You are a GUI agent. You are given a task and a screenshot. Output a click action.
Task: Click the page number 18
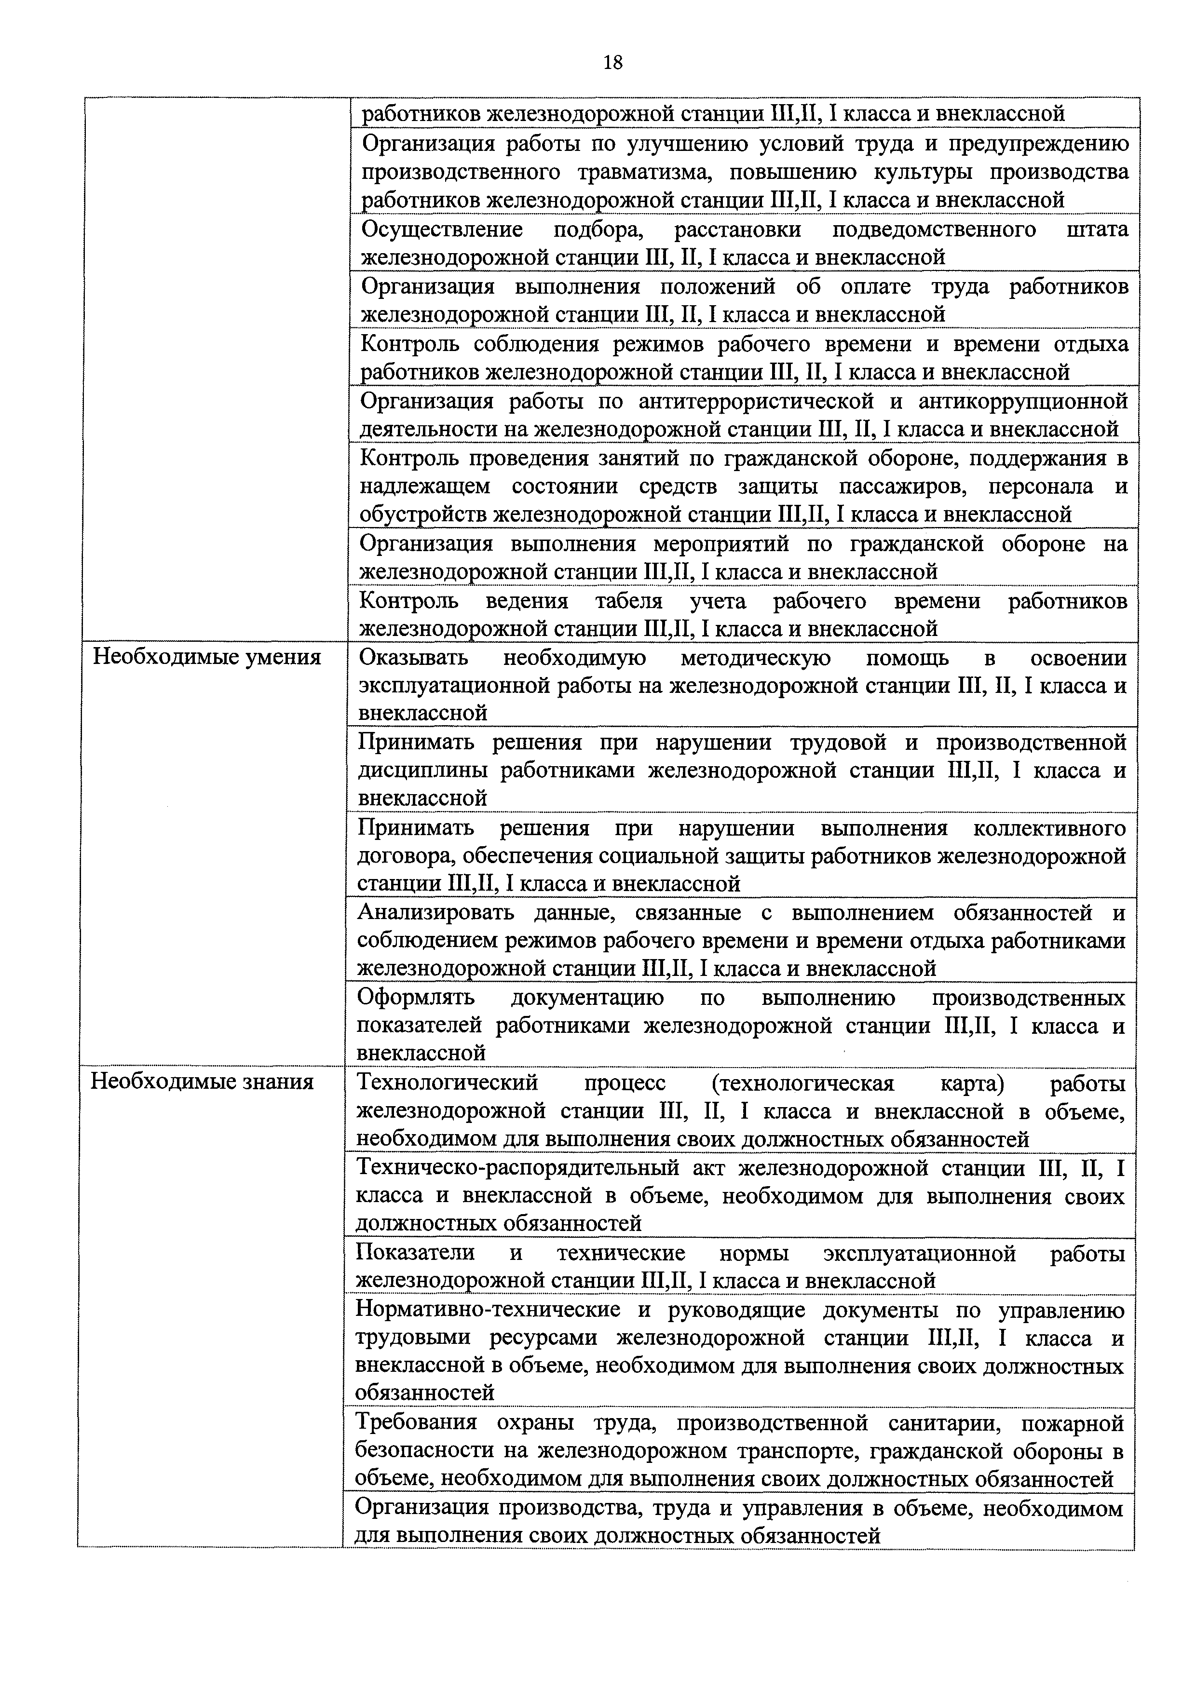point(612,63)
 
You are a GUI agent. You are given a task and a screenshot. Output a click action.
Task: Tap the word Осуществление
point(442,230)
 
